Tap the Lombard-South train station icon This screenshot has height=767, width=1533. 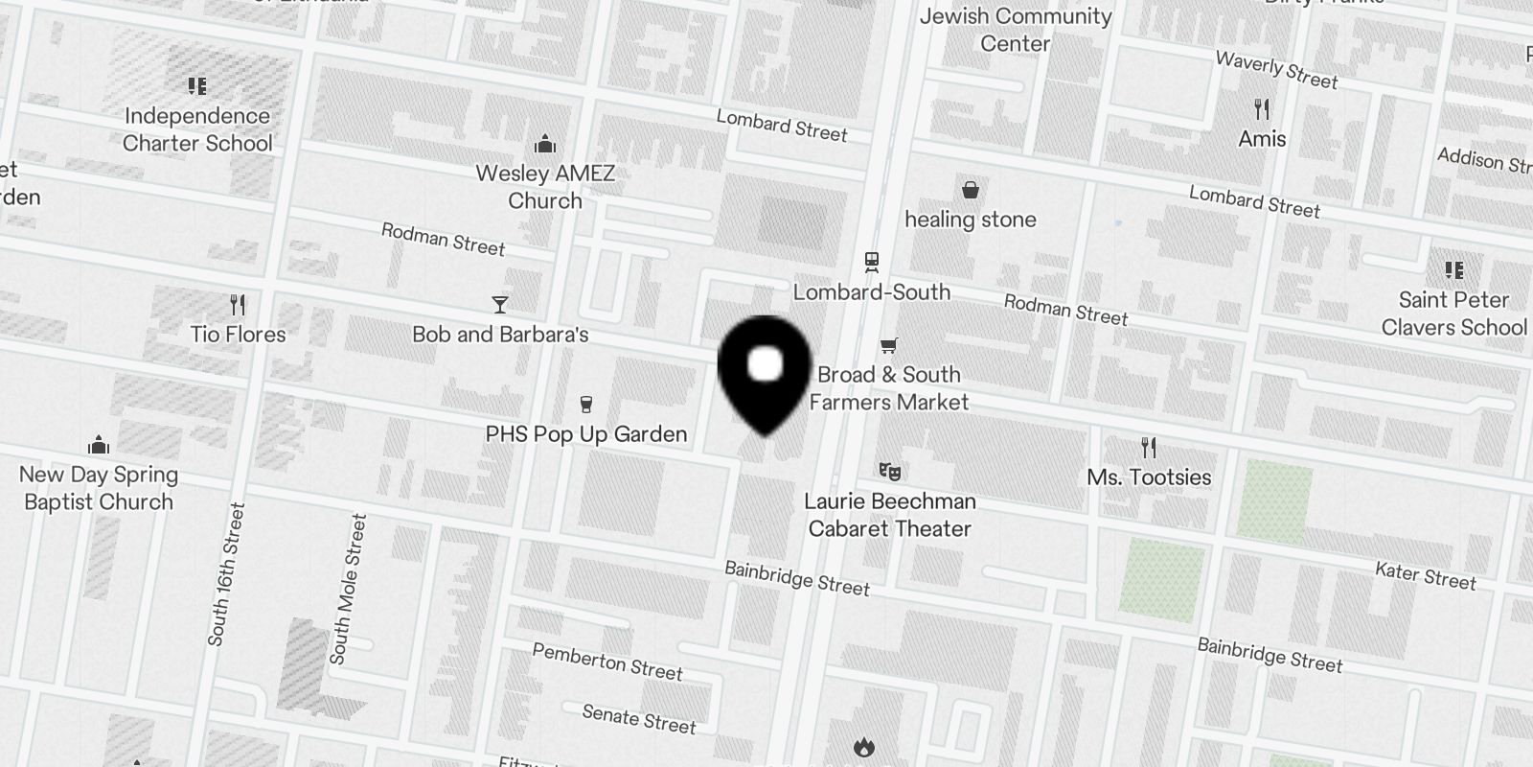(x=871, y=262)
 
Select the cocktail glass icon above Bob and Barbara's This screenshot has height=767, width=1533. (x=499, y=305)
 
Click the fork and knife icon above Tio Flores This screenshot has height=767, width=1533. (x=238, y=305)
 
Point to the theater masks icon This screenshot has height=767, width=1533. (x=889, y=471)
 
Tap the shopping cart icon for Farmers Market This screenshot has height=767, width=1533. (x=889, y=345)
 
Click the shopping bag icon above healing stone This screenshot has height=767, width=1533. (x=970, y=190)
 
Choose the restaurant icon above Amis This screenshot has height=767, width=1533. (x=1262, y=109)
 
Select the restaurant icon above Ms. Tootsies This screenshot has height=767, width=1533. (x=1149, y=447)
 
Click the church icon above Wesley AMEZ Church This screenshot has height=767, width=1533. (x=545, y=145)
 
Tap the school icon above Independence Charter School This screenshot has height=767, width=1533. (x=197, y=87)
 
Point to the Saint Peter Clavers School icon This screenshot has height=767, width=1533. (x=1453, y=270)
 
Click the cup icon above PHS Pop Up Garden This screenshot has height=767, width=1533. (x=586, y=405)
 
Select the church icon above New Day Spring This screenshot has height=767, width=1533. (x=98, y=445)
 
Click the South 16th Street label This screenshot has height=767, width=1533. (x=227, y=574)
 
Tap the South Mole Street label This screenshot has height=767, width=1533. (x=348, y=589)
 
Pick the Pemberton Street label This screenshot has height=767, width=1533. (x=607, y=662)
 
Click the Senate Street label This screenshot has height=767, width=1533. (x=639, y=719)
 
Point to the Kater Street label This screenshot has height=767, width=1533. (x=1425, y=575)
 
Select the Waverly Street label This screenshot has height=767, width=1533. (x=1276, y=70)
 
